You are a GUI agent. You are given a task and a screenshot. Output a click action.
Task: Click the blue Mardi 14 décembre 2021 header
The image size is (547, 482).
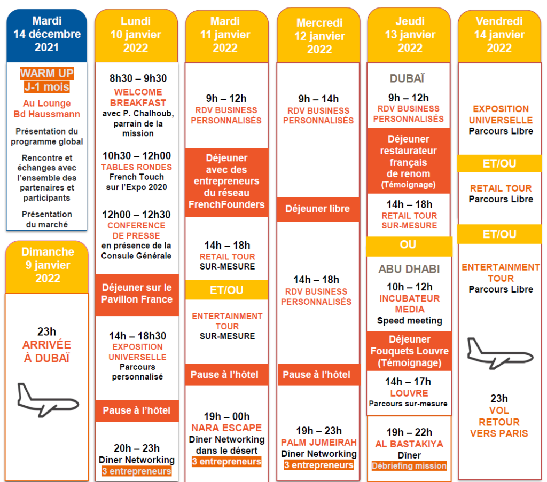click(46, 34)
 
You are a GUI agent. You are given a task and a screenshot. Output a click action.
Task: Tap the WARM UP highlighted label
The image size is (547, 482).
click(46, 74)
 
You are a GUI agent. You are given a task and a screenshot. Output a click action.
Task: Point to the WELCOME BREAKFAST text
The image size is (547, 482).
click(138, 97)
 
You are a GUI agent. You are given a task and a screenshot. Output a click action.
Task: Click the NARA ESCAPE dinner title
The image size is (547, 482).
click(226, 428)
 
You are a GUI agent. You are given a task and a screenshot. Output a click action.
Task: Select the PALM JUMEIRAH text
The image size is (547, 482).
click(319, 442)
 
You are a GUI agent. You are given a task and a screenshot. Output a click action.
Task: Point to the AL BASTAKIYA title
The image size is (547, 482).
click(410, 444)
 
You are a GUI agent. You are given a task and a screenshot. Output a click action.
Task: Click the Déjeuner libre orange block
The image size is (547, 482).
click(318, 209)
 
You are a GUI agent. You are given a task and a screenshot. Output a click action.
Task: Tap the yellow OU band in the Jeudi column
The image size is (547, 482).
click(409, 245)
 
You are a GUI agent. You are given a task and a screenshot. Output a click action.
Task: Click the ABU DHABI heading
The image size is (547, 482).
click(409, 270)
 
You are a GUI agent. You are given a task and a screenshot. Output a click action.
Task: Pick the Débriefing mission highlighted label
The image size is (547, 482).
click(409, 466)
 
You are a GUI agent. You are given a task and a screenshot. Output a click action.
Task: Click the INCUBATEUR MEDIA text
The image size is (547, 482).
click(410, 304)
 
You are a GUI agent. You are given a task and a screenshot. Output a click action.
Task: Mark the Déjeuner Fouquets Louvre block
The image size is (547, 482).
click(410, 351)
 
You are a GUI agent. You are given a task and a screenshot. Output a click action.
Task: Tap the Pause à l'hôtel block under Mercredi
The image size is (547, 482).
click(317, 375)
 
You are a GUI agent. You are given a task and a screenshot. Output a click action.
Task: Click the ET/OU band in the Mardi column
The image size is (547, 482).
click(226, 290)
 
